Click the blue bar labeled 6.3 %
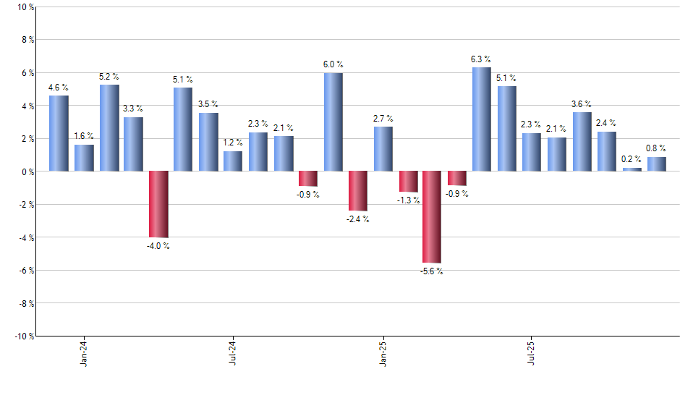coord(482,119)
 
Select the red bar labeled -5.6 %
coord(432,217)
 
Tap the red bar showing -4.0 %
coord(158,204)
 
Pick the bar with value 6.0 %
coord(333,122)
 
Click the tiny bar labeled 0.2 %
coord(632,169)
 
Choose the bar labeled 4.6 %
coord(59,134)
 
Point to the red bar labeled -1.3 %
coord(408,182)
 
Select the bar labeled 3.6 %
coord(582,142)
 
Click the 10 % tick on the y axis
coord(25,7)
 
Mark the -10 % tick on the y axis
coord(23,336)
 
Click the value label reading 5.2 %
coord(109,77)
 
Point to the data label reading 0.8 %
coord(657,149)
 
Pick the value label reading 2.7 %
coord(383,119)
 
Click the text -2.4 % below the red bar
coord(357,219)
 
